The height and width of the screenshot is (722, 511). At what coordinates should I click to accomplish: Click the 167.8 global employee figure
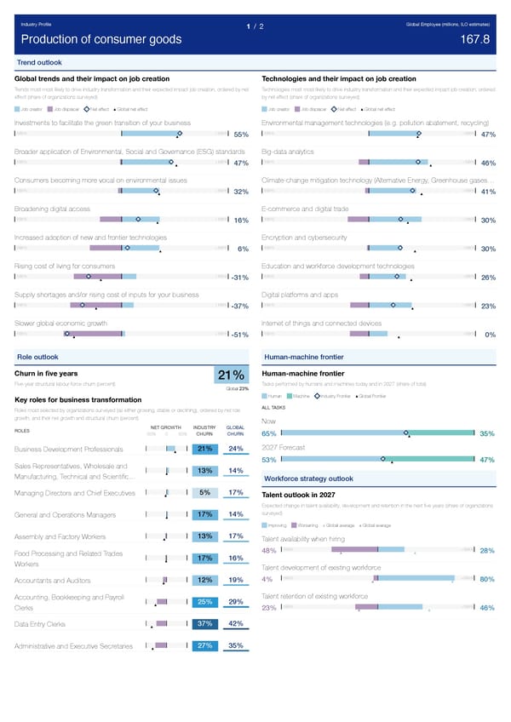[474, 40]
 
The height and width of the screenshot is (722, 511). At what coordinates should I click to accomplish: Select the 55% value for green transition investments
[240, 135]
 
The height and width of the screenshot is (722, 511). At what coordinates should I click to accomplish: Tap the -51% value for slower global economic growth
[238, 335]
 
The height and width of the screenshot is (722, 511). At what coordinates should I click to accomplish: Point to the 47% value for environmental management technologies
[488, 135]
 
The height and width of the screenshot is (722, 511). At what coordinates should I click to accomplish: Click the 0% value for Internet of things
[490, 335]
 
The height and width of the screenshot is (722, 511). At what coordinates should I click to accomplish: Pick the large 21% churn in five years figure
[232, 376]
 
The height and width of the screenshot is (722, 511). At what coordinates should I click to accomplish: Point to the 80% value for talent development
[488, 581]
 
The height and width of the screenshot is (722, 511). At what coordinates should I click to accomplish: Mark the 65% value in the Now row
[268, 433]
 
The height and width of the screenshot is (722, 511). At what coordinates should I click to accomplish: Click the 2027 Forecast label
[284, 448]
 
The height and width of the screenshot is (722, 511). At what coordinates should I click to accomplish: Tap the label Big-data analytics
[295, 152]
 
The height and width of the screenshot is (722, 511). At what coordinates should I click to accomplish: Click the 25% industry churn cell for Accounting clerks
[204, 603]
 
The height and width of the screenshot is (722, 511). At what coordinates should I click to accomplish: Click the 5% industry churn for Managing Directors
[204, 492]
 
